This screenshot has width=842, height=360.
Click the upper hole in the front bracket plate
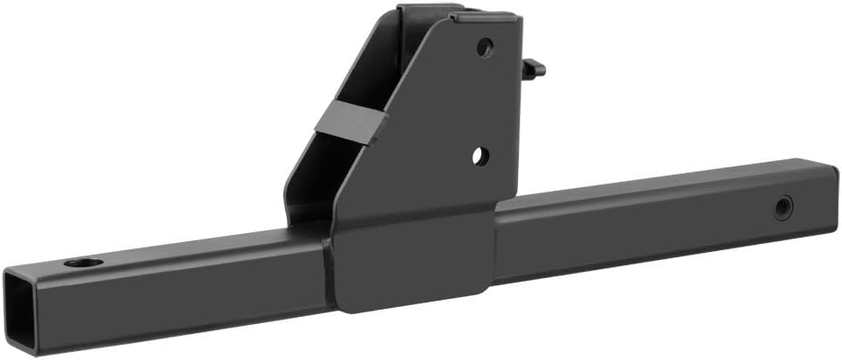point(485,47)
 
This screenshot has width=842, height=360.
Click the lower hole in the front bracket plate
point(479,156)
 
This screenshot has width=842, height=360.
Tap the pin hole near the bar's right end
point(785,209)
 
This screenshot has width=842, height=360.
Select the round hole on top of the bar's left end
point(83,264)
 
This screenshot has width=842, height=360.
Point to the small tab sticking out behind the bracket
point(533,67)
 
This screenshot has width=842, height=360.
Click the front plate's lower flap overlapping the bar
point(409,265)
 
